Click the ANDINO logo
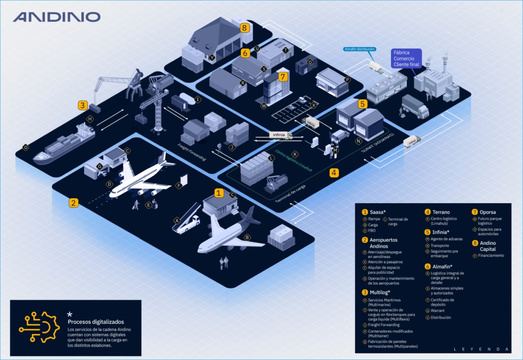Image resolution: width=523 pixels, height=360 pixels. tap(57, 17)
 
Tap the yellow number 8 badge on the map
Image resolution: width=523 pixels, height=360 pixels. tap(245, 28)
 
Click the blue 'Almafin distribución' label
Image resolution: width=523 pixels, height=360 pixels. tap(359, 49)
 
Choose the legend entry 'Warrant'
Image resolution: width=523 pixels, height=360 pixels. tap(438, 311)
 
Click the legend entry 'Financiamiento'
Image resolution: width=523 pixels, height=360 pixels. tap(491, 255)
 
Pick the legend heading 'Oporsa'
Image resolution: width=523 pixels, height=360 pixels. tap(488, 212)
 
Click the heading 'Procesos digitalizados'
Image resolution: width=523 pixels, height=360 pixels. tap(96, 322)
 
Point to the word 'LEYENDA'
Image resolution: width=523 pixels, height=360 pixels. tap(481, 349)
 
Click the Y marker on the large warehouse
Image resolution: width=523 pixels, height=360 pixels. tap(212, 58)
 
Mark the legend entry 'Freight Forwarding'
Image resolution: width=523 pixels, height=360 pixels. tap(384, 325)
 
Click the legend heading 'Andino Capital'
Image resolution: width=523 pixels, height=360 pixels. tap(487, 246)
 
